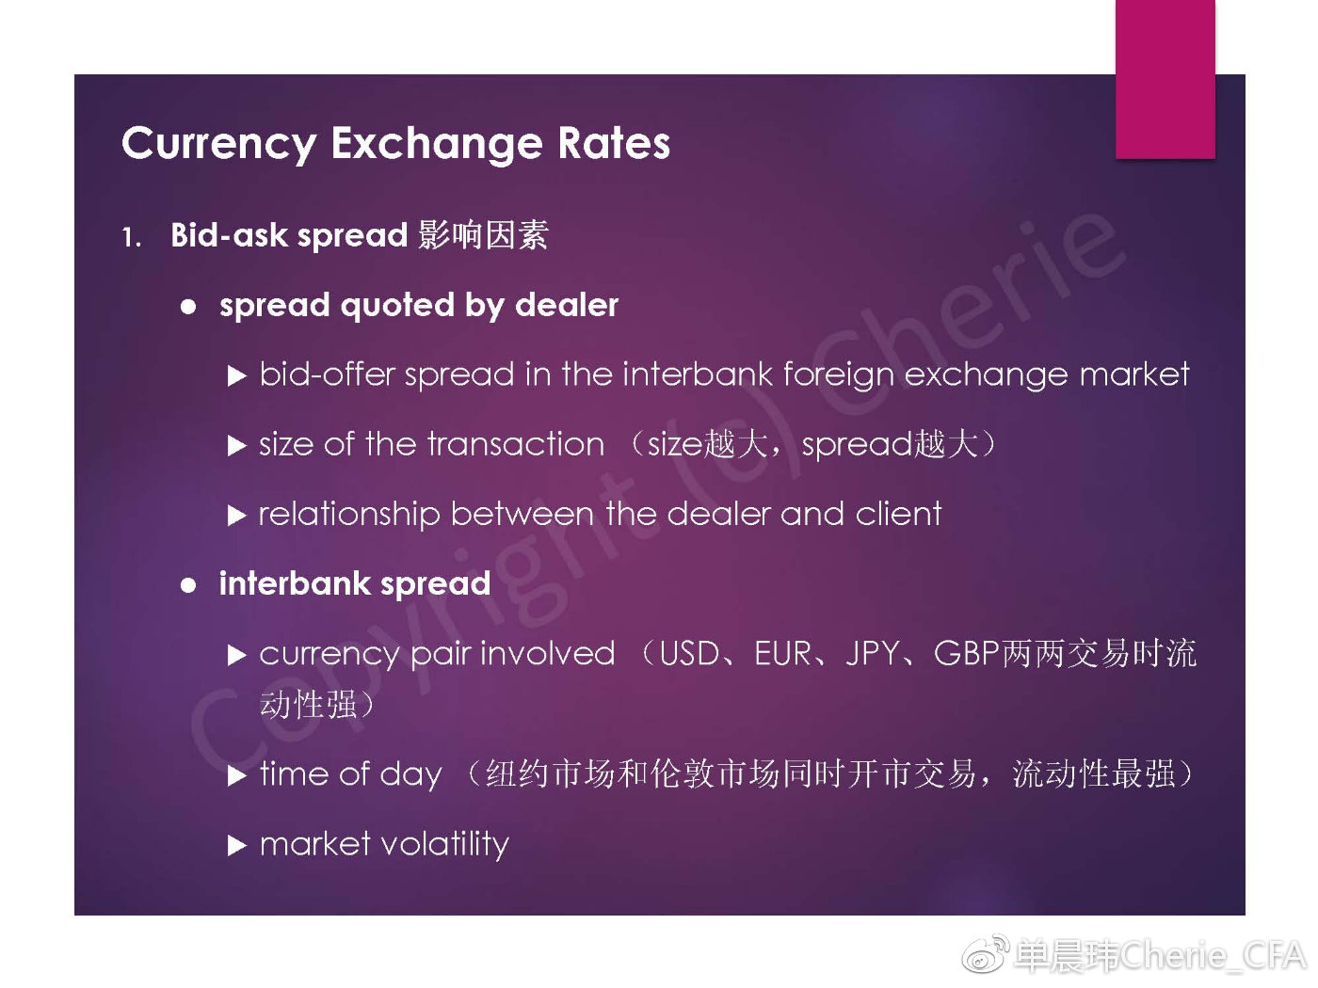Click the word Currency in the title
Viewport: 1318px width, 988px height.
click(x=219, y=145)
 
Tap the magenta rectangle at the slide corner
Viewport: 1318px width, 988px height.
click(x=1165, y=79)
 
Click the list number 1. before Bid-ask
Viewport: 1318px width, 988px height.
click(x=132, y=237)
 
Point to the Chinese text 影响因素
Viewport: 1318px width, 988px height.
click(x=483, y=234)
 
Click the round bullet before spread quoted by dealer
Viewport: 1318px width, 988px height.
click(x=188, y=307)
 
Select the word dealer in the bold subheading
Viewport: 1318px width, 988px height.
click(x=566, y=305)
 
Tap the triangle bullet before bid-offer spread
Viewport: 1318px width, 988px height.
click(x=237, y=376)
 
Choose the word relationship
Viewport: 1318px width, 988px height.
click(x=349, y=515)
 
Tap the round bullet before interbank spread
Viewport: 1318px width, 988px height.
click(x=188, y=585)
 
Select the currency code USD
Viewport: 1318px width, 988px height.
click(x=689, y=654)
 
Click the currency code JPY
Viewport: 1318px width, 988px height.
click(x=873, y=654)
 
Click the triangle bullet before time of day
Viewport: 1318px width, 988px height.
click(x=237, y=776)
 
